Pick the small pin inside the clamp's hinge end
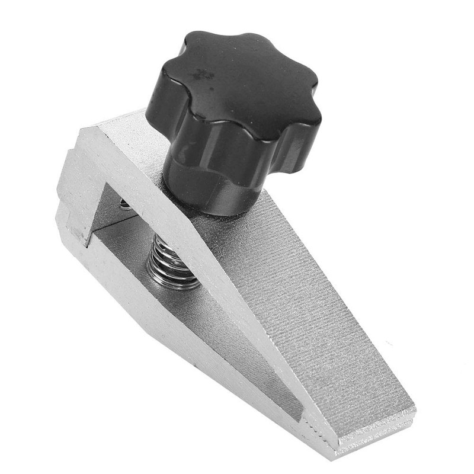coord(124,204)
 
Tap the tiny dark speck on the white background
coord(388,344)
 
